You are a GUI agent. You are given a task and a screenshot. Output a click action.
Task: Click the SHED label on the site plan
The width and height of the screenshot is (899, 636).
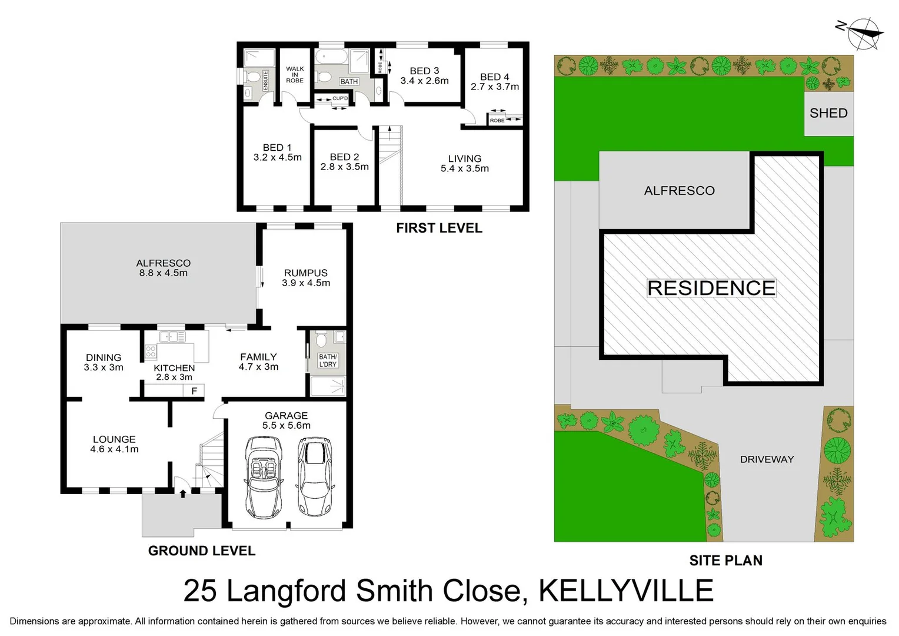point(828,113)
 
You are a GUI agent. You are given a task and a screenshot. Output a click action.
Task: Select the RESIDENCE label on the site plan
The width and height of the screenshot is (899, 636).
point(711,288)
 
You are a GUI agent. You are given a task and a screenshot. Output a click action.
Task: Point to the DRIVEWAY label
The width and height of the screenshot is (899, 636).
point(767,459)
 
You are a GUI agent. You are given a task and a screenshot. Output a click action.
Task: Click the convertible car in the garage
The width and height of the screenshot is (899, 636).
point(262,475)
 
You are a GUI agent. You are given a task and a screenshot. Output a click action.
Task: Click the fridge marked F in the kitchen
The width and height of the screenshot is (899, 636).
point(194,391)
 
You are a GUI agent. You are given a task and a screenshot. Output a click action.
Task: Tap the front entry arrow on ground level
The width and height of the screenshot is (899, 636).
point(183,493)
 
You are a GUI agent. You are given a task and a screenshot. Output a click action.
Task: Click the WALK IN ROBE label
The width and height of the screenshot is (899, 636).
point(295,74)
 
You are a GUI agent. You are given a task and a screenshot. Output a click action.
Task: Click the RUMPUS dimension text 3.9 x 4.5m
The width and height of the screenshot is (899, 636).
point(306,283)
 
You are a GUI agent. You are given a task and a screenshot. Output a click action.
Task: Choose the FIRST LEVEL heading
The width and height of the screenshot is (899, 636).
point(439,228)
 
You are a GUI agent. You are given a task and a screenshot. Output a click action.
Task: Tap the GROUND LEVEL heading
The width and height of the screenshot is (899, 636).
point(201,551)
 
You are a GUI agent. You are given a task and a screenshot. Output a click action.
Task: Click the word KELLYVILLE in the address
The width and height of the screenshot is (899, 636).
point(626,591)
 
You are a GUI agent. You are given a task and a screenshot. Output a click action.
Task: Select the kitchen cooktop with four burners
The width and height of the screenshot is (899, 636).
point(151,352)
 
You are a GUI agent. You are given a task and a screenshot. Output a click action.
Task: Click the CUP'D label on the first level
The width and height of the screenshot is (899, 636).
point(340,98)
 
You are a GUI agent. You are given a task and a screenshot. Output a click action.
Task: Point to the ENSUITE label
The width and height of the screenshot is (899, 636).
point(265,80)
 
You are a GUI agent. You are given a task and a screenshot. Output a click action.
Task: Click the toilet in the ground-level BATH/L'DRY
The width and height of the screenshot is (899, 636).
point(321,340)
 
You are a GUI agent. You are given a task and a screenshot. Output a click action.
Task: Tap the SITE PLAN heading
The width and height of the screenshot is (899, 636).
point(725,561)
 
